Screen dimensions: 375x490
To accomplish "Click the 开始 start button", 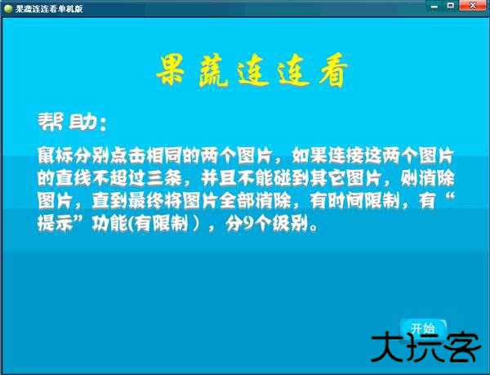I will pos(423,328).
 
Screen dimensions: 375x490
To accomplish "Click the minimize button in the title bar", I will pos(432,7).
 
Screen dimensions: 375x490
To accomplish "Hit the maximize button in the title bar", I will pos(449,7).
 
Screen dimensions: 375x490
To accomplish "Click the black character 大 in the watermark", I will pos(389,350).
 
